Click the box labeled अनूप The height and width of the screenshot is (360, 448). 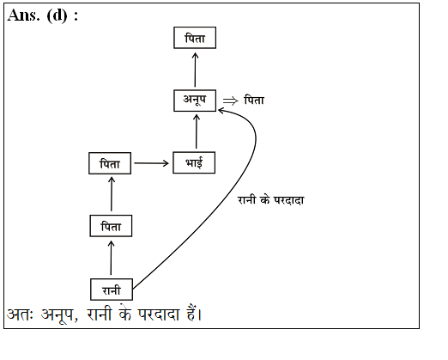click(195, 101)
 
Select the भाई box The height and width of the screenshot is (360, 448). click(194, 162)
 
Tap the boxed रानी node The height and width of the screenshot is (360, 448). click(112, 290)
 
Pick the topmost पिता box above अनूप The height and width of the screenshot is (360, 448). click(195, 38)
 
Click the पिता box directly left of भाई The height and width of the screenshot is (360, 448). click(110, 163)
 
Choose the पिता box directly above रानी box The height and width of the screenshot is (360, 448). click(111, 226)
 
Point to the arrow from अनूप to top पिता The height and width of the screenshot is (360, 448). click(195, 70)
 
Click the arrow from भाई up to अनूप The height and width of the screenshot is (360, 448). click(197, 131)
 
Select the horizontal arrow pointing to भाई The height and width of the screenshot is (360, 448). click(151, 163)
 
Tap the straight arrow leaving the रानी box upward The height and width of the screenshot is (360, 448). click(111, 258)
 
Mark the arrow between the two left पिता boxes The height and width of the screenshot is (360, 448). click(112, 194)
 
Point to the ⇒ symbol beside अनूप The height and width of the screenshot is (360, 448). click(231, 101)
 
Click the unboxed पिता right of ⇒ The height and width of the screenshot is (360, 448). click(254, 101)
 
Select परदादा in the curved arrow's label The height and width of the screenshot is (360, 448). click(289, 200)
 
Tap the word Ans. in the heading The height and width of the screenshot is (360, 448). click(23, 15)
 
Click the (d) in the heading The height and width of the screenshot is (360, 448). click(57, 15)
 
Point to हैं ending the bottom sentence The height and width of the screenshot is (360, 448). click(194, 314)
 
